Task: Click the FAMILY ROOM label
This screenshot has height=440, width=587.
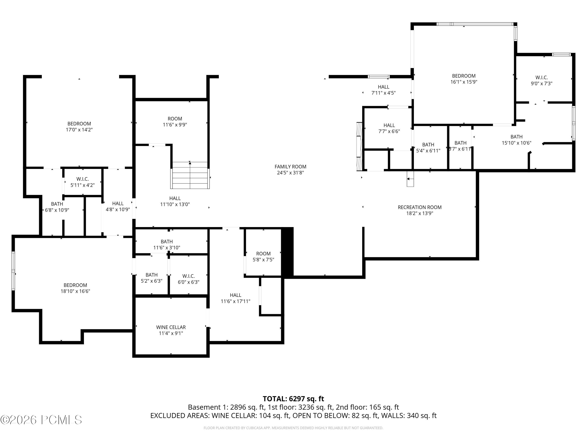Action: [290, 167]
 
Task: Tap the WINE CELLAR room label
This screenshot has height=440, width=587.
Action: [171, 327]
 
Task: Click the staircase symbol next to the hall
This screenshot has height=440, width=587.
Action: [190, 175]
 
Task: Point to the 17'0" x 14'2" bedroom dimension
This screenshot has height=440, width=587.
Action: [79, 130]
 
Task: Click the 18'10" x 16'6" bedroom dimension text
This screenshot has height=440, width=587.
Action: [75, 291]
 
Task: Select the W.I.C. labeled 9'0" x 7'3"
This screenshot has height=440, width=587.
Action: [541, 80]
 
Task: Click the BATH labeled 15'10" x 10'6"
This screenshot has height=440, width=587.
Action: [516, 140]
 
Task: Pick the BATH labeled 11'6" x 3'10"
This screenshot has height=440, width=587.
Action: [167, 244]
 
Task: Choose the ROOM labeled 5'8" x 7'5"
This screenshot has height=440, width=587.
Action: [263, 256]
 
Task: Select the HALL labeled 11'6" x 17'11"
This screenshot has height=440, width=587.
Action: [235, 298]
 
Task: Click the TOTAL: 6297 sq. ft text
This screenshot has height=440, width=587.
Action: [293, 399]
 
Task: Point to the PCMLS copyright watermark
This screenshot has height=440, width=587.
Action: [41, 420]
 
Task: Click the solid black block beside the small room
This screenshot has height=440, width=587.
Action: [287, 252]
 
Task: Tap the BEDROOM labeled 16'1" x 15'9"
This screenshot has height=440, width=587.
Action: [464, 79]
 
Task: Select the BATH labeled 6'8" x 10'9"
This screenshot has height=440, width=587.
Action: [57, 207]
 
